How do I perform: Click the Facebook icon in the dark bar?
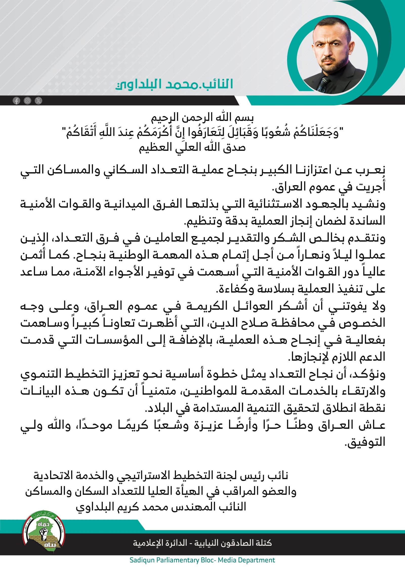tap(16, 101)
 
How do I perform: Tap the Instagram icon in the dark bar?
tap(27, 101)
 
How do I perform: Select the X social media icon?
tap(38, 101)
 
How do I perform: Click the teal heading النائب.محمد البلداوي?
tap(174, 85)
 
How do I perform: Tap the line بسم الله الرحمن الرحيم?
tap(202, 117)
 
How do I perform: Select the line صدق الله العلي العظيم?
tap(192, 147)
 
